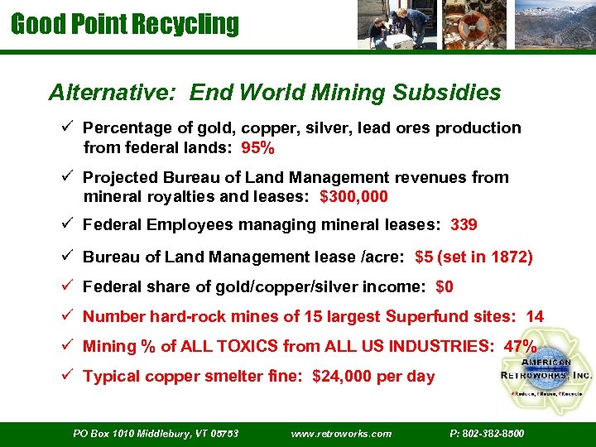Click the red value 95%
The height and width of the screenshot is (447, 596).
pos(258,149)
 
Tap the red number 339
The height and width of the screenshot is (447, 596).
pos(464,224)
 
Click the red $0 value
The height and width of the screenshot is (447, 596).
pos(444,287)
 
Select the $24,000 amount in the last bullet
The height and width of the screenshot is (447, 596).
pos(344,377)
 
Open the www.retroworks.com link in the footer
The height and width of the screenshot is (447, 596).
pos(342,433)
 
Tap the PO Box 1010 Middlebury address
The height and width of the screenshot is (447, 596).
pos(156,433)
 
